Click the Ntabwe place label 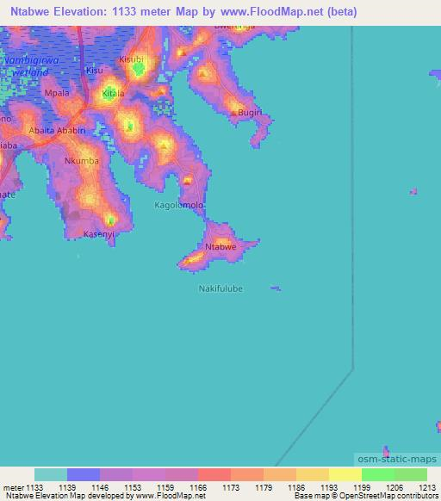click(220, 247)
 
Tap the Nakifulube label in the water click(221, 288)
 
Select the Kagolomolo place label click(178, 205)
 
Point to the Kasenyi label click(98, 233)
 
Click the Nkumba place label click(82, 160)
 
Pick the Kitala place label click(114, 92)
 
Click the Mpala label click(57, 91)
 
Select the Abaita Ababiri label click(58, 130)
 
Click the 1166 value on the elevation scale click(197, 486)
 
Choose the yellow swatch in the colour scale click(345, 474)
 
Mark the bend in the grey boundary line click(353, 370)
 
